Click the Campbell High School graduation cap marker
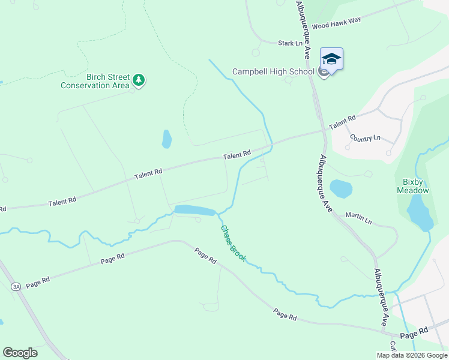[331, 59]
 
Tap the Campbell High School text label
[273, 71]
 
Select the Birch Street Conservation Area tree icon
[139, 80]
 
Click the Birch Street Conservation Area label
[95, 81]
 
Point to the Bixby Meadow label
[413, 186]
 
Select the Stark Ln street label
[290, 43]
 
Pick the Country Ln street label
[365, 137]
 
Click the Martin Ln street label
[358, 218]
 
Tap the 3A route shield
[16, 287]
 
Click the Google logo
[20, 353]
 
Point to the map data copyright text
[412, 355]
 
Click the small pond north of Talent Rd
[166, 140]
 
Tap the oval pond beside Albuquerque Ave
[341, 189]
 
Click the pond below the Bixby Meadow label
[420, 214]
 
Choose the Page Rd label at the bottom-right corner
[415, 331]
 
